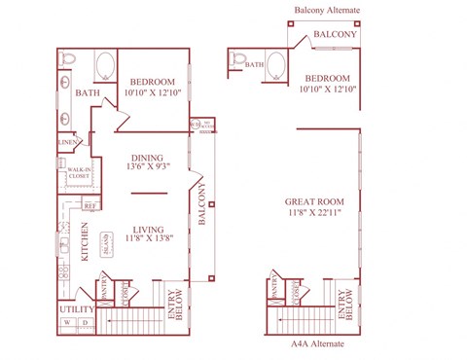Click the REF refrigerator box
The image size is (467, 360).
(x=89, y=205)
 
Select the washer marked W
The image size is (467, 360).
(x=67, y=322)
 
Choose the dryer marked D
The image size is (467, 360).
(x=85, y=322)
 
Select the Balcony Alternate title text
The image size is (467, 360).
(x=327, y=11)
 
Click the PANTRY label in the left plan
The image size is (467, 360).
(x=105, y=289)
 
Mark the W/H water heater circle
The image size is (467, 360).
(x=195, y=125)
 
